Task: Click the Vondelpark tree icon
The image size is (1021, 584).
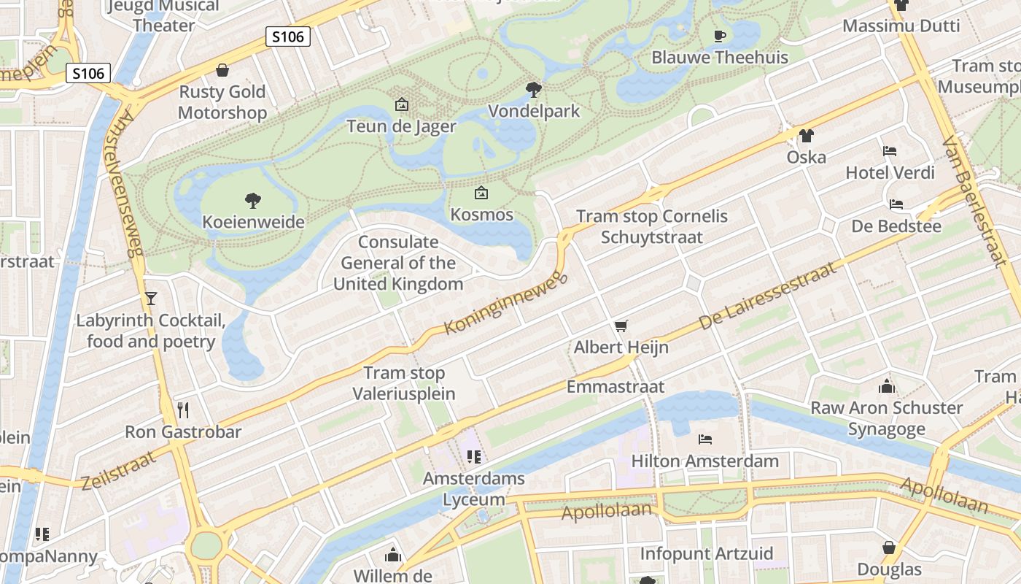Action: point(533,90)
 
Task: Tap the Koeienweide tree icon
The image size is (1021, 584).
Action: point(253,200)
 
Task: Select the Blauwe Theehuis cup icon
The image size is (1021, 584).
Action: point(719,36)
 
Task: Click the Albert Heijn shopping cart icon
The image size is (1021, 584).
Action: point(621,326)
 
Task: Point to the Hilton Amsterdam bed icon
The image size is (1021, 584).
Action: point(704,439)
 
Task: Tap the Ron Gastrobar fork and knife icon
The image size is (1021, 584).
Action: point(182,410)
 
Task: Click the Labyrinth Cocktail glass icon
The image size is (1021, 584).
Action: point(150,298)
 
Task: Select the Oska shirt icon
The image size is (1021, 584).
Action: point(806,135)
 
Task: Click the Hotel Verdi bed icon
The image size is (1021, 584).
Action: point(889,151)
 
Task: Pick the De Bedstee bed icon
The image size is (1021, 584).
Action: point(896,204)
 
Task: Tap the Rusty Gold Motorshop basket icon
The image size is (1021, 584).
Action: point(222,70)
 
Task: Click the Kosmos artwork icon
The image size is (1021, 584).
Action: point(481,193)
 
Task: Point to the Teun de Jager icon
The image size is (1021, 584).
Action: point(401,104)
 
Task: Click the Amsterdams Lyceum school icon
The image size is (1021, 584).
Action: point(473,457)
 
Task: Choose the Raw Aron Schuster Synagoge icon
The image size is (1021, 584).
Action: point(886,386)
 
